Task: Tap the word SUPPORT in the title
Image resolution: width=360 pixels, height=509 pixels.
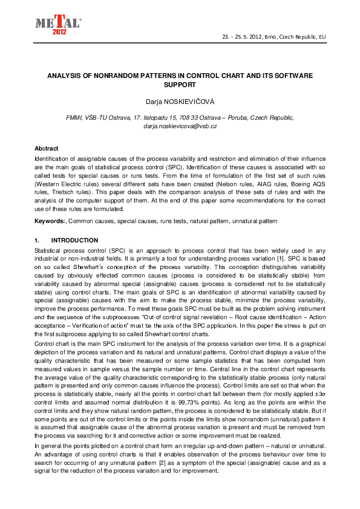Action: point(180,85)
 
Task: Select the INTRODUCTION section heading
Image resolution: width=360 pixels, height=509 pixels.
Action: point(75,240)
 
